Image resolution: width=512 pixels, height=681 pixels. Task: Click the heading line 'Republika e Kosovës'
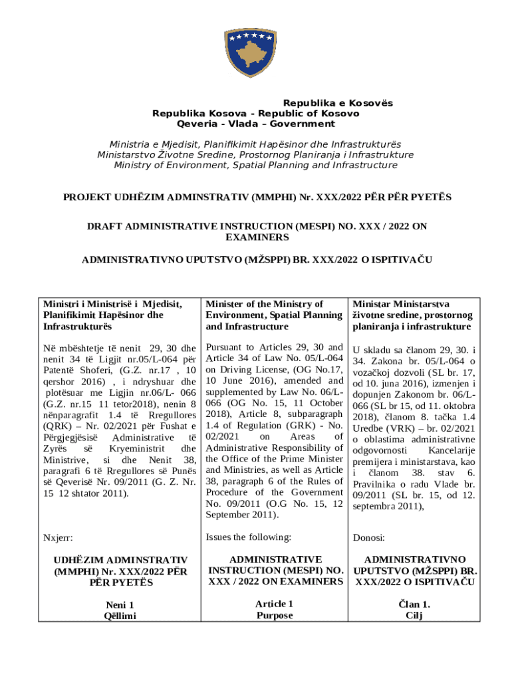(x=338, y=103)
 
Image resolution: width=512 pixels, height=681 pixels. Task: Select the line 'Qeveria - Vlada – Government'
(x=256, y=124)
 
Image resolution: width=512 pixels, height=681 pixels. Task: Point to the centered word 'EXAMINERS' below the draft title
(x=257, y=237)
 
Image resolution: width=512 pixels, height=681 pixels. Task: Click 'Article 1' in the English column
(x=274, y=604)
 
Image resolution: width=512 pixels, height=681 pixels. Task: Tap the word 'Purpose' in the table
(x=274, y=615)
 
